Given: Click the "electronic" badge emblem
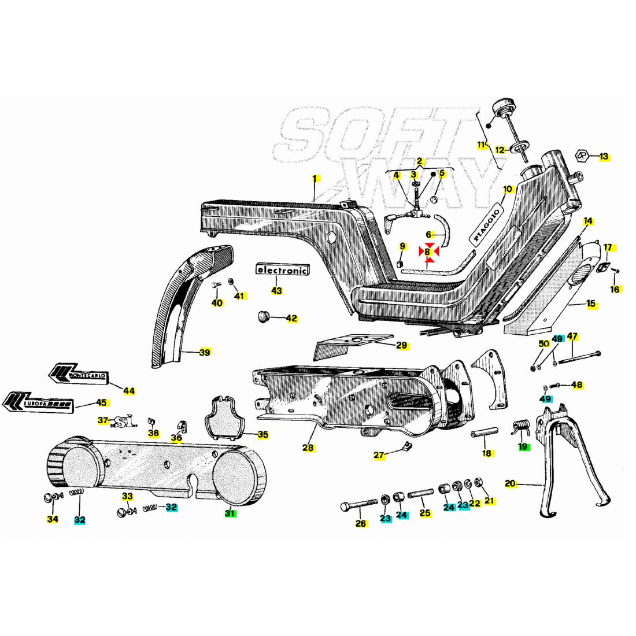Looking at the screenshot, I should click(283, 270).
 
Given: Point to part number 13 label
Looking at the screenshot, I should click(604, 156).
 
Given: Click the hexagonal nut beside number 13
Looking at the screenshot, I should click(583, 156).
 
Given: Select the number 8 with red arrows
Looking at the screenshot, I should click(428, 252).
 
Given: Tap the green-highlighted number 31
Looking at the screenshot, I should click(231, 513).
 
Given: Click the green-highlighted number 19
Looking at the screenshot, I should click(524, 446).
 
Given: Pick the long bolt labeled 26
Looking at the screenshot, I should click(358, 507).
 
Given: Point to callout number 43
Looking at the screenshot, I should click(276, 290).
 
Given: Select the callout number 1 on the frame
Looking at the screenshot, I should click(315, 179).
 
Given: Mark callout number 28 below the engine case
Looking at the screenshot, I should click(307, 448).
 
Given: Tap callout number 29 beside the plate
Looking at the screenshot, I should click(402, 346).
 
